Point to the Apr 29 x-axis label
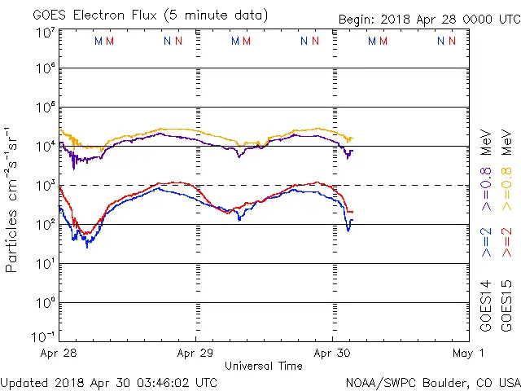click(x=195, y=354)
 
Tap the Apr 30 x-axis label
click(x=332, y=354)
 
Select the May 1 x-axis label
click(x=469, y=354)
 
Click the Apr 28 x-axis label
click(x=59, y=354)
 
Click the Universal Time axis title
click(x=264, y=366)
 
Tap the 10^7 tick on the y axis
click(x=45, y=33)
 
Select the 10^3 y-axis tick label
click(x=45, y=185)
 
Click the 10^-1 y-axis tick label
click(x=45, y=336)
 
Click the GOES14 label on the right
click(x=487, y=305)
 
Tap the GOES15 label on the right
click(x=508, y=305)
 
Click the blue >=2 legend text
click(x=487, y=242)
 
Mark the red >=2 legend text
click(x=508, y=242)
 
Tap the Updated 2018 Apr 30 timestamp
click(x=109, y=382)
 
